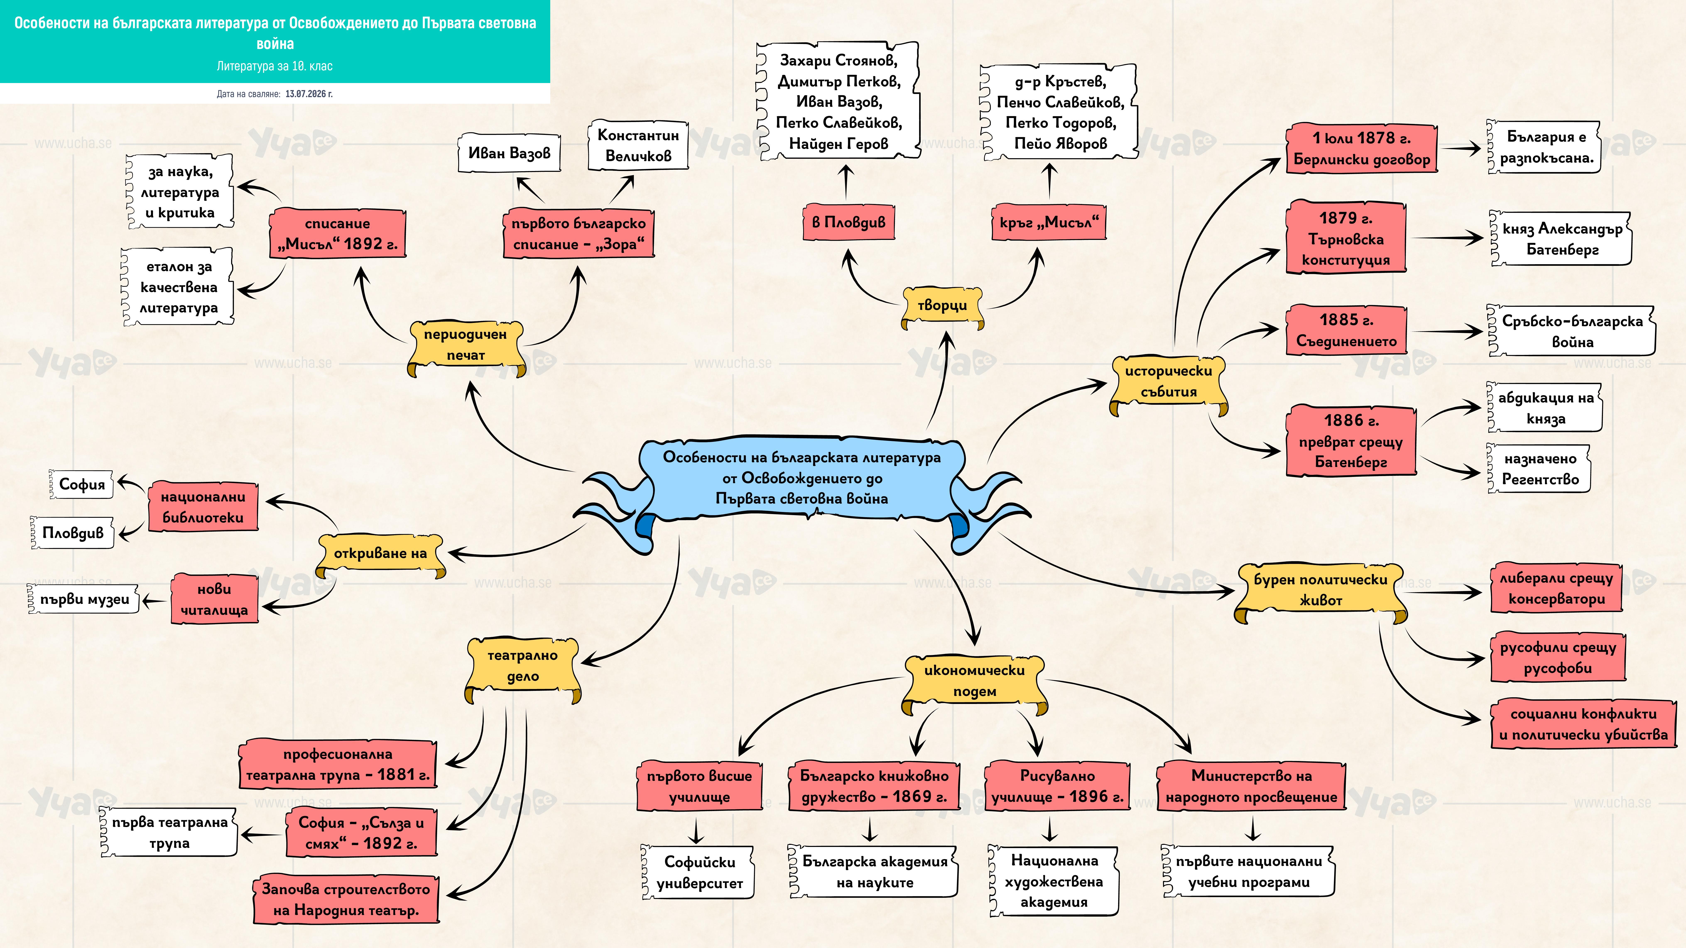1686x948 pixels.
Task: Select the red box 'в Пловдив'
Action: click(x=848, y=222)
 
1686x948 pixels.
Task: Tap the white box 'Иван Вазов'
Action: click(x=509, y=153)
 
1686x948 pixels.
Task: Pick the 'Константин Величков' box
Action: click(x=638, y=145)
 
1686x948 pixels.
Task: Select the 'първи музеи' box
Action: click(x=84, y=599)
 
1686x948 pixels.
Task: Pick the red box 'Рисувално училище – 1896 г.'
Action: click(x=1057, y=786)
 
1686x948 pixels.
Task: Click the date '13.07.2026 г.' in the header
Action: click(x=309, y=94)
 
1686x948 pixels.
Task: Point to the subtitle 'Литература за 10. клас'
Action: click(x=275, y=66)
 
